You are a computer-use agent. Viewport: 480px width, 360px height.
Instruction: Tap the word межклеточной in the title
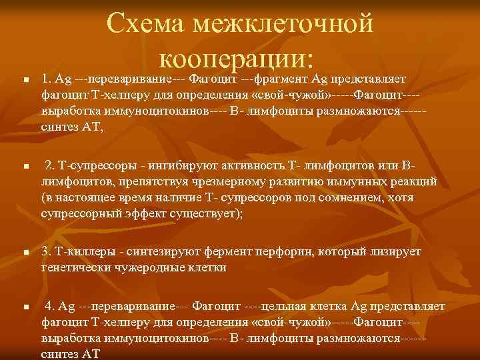click(281, 25)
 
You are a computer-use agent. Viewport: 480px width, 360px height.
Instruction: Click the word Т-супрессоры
click(84, 165)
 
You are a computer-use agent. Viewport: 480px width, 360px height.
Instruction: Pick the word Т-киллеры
click(73, 253)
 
